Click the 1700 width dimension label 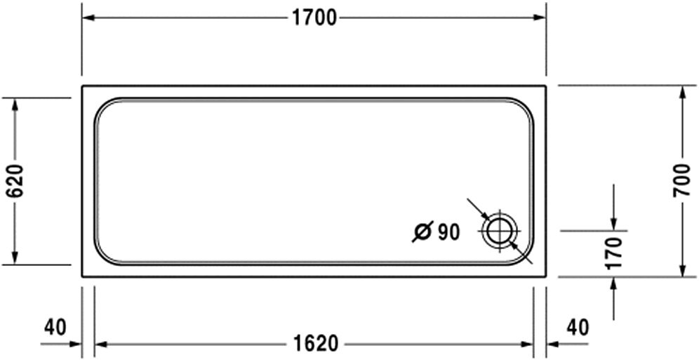point(314,18)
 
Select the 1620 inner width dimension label point(316,344)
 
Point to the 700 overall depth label point(681,180)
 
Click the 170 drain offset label point(615,253)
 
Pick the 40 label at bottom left point(55,328)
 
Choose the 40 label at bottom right point(578,328)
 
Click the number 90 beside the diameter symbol point(448,232)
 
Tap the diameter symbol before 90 point(422,232)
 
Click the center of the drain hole point(500,232)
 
